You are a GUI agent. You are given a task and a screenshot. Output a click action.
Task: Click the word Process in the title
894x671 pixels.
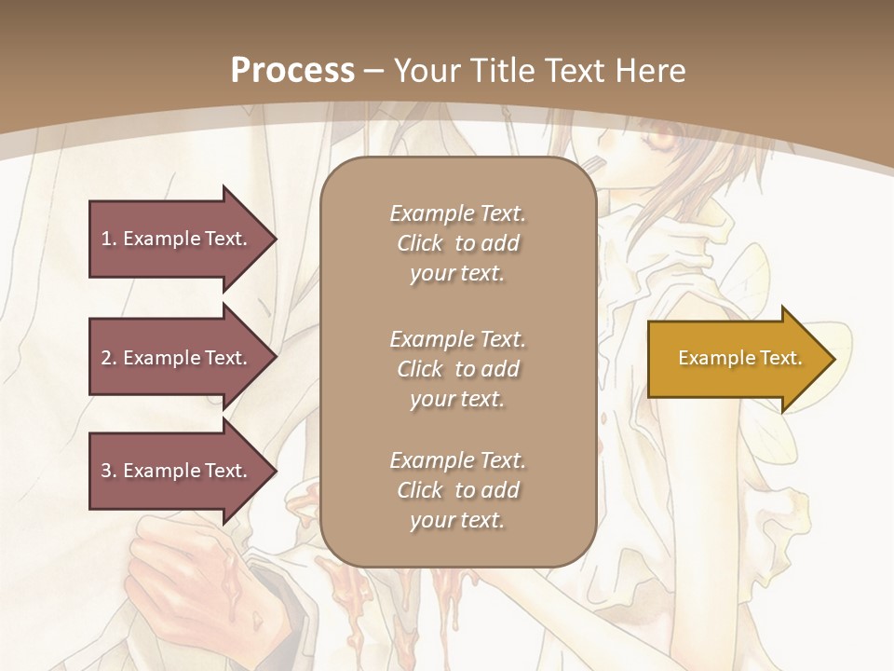pos(292,71)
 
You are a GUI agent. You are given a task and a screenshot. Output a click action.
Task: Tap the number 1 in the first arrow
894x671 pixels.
pos(106,239)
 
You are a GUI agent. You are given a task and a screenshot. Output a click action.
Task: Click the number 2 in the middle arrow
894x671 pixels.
pos(106,358)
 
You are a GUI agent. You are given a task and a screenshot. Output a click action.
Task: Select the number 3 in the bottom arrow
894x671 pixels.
pos(106,471)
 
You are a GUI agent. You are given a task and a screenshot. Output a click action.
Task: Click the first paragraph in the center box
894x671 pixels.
pos(457,243)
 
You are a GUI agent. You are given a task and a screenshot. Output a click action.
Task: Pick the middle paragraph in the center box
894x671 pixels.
pos(457,369)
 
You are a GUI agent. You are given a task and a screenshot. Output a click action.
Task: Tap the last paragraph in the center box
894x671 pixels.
pos(457,490)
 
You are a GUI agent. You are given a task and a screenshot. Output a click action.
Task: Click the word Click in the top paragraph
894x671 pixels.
pos(420,243)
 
